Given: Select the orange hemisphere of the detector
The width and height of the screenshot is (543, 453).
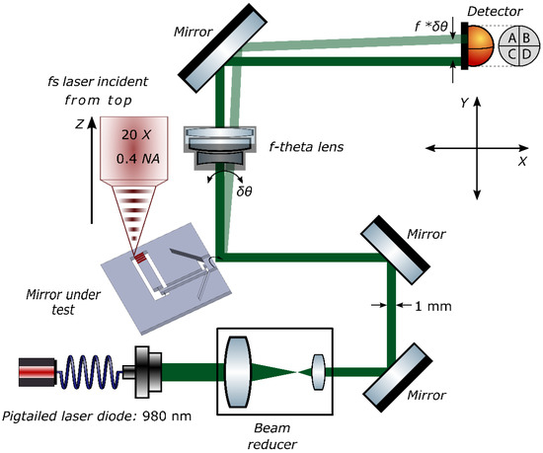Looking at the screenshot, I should coord(479,45).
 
